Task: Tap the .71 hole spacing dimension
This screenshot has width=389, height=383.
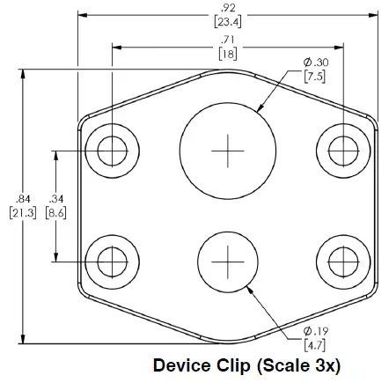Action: point(227,41)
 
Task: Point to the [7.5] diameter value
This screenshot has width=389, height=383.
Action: point(315,76)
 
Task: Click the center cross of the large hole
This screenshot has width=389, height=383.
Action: point(225,151)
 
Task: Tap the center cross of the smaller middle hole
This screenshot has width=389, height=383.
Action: point(226,261)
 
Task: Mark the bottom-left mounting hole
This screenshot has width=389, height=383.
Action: point(112,261)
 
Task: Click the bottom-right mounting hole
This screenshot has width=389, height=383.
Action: point(341,261)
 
